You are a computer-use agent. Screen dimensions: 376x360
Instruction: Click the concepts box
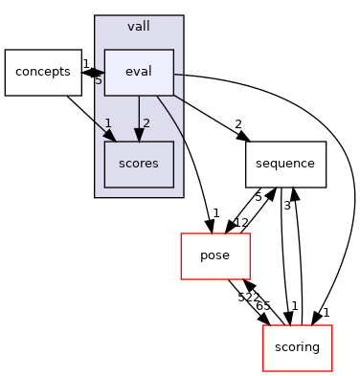click(x=43, y=73)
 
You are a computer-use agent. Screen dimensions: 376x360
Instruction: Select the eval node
click(x=139, y=73)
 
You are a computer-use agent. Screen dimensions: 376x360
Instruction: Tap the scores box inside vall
click(x=139, y=165)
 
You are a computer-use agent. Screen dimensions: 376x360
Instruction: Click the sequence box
click(x=286, y=165)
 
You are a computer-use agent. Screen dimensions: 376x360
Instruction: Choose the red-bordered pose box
click(x=215, y=256)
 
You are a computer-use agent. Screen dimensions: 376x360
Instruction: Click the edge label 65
click(x=261, y=306)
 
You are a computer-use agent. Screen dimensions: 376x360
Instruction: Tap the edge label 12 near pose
click(x=241, y=223)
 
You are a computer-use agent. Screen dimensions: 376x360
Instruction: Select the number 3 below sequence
click(x=286, y=205)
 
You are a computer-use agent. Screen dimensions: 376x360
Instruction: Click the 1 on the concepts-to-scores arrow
click(x=108, y=123)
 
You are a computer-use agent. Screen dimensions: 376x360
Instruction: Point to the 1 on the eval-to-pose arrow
click(x=216, y=212)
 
